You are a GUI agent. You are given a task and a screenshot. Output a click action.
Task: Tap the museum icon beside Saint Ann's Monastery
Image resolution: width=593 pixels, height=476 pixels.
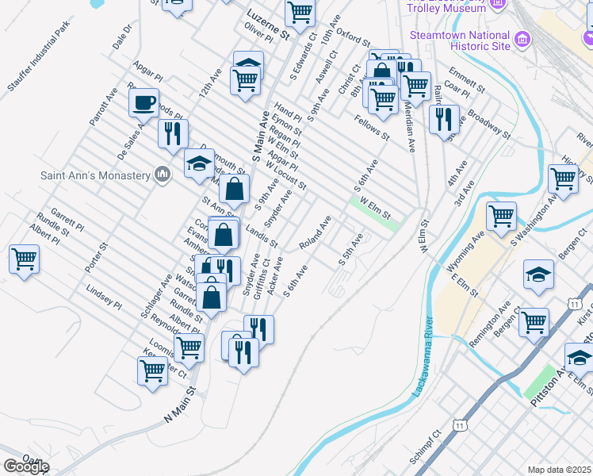click(163, 174)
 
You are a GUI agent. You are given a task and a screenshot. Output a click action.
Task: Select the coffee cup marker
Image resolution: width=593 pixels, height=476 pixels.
click(143, 104)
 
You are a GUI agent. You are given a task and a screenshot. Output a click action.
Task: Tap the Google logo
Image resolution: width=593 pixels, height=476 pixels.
click(26, 466)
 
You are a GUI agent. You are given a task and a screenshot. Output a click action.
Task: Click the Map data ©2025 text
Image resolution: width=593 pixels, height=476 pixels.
click(560, 470)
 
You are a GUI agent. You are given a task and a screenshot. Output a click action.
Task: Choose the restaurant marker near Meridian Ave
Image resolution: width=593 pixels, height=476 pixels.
click(443, 118)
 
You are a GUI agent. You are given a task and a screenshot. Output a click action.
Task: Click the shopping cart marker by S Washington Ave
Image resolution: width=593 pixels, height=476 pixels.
click(501, 215)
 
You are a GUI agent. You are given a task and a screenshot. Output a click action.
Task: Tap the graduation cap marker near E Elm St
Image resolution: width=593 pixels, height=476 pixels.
click(538, 274)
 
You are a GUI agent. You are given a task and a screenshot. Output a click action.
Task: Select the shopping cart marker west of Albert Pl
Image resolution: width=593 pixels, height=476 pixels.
click(24, 258)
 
